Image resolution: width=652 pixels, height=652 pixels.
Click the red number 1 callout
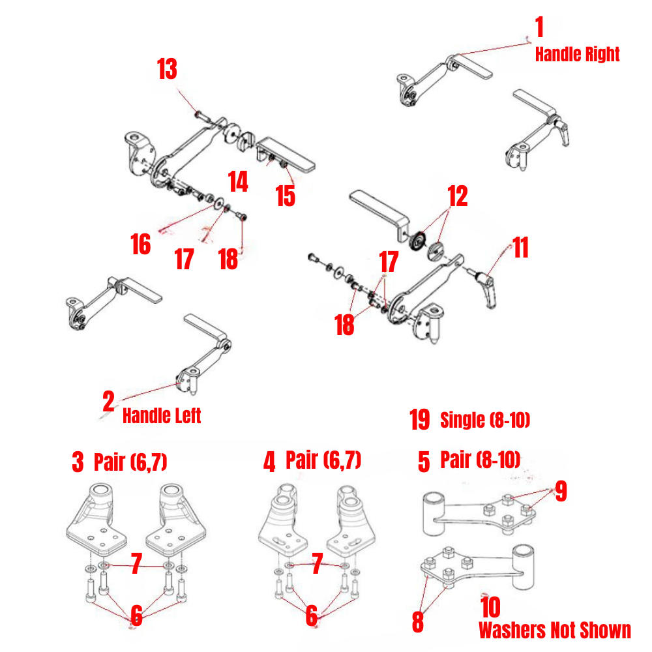tap(539, 28)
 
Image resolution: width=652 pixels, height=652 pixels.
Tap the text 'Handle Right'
tap(577, 55)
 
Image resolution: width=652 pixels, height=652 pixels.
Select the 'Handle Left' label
tap(162, 415)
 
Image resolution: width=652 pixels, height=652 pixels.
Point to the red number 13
tap(167, 69)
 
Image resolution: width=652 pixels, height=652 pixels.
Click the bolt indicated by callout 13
tap(201, 115)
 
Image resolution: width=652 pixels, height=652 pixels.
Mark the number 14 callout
tap(238, 182)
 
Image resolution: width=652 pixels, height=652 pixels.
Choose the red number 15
tap(285, 196)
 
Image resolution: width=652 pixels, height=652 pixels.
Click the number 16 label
tap(140, 244)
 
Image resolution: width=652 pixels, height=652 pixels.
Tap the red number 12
tap(458, 196)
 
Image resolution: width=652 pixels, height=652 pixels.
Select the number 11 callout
tap(520, 248)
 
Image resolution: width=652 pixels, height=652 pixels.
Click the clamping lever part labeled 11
tap(485, 287)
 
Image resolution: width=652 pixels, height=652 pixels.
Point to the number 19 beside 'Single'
tap(420, 421)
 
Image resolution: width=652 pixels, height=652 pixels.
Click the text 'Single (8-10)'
tap(485, 421)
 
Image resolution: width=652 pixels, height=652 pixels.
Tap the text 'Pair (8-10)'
tap(481, 460)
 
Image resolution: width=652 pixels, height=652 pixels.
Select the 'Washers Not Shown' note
tap(555, 630)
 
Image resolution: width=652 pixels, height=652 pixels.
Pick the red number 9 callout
tap(560, 492)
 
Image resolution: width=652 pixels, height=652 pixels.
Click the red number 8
tap(418, 621)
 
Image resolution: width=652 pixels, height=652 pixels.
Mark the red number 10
tap(490, 608)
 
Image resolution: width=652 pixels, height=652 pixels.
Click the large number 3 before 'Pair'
tap(78, 463)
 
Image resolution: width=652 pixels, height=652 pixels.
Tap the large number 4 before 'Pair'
tap(269, 463)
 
